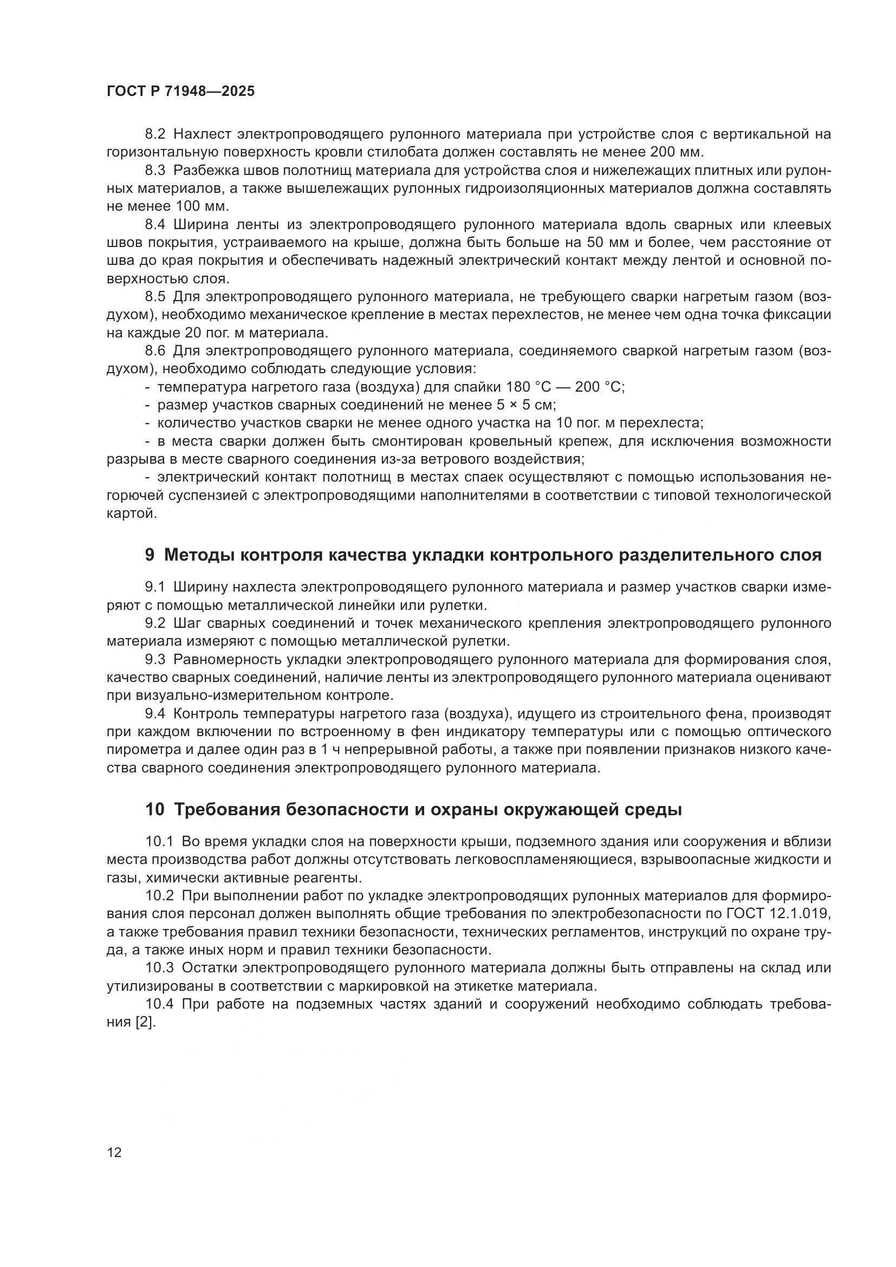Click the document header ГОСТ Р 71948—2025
coord(180,92)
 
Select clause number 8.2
coord(155,134)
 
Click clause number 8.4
coord(155,225)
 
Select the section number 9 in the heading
coord(150,555)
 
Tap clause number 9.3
coord(155,659)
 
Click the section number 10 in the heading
coord(154,809)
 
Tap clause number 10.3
coord(159,968)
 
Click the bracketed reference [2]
coord(146,1022)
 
